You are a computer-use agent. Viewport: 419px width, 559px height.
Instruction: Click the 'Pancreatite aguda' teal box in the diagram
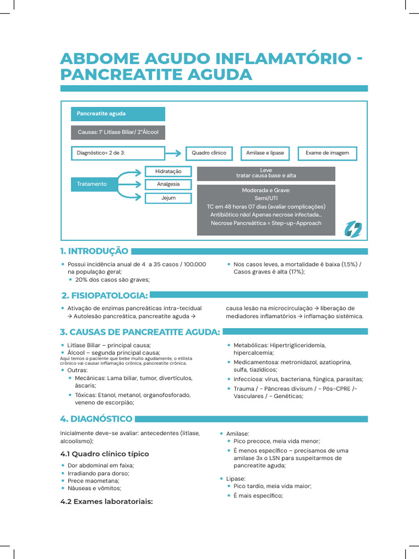(117, 114)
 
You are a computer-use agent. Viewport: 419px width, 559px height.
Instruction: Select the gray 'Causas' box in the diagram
(117, 133)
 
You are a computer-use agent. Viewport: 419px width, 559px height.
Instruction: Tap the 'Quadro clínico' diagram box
(208, 153)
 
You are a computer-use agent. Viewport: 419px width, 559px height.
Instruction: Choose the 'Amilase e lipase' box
(265, 153)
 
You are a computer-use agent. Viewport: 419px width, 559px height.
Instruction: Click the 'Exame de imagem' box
(327, 153)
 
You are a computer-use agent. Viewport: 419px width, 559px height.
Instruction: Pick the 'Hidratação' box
(168, 171)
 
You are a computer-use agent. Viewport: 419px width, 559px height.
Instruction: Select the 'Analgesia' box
(168, 185)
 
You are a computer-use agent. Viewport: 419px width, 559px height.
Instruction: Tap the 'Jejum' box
(168, 198)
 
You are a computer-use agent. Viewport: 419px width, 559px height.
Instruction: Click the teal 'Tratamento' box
(93, 185)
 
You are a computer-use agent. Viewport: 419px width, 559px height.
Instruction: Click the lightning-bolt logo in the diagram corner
(352, 229)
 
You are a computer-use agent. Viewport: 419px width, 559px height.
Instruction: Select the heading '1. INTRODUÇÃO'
(94, 251)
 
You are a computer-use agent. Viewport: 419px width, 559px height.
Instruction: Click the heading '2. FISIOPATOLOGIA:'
(105, 295)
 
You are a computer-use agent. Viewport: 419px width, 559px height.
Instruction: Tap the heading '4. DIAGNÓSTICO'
(96, 419)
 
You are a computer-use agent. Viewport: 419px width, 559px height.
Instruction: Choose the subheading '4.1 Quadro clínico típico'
(104, 454)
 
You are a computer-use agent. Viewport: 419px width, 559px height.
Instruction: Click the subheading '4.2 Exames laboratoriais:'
(106, 501)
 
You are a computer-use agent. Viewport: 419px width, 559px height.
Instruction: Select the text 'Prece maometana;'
(93, 481)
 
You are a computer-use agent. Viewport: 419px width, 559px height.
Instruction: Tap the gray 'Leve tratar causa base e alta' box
(266, 174)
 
